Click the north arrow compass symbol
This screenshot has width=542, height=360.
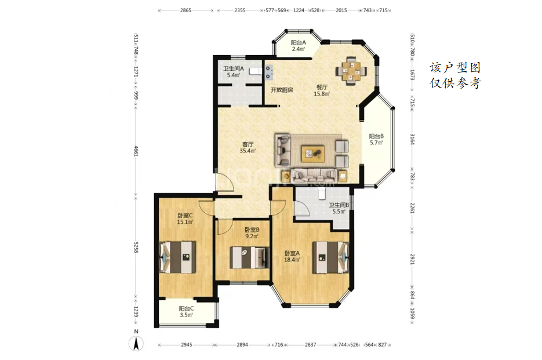click(x=136, y=343)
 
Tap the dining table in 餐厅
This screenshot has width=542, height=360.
click(x=351, y=71)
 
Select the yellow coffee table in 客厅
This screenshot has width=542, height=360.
click(x=313, y=154)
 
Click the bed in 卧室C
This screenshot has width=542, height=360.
click(x=177, y=257)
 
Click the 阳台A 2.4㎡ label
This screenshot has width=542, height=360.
click(x=299, y=46)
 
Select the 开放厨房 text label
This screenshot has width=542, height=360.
click(x=282, y=90)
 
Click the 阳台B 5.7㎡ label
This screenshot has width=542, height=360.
click(x=376, y=139)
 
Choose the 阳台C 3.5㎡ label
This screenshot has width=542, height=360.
click(x=186, y=311)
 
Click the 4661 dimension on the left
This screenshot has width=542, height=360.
click(x=136, y=151)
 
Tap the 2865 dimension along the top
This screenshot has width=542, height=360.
click(x=185, y=10)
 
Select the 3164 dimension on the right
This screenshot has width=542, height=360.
click(x=412, y=139)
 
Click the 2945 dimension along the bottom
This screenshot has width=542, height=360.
click(x=186, y=344)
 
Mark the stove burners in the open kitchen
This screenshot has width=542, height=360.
click(x=268, y=72)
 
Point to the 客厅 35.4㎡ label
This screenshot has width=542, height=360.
click(x=248, y=147)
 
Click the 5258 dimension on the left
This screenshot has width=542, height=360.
click(x=136, y=247)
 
